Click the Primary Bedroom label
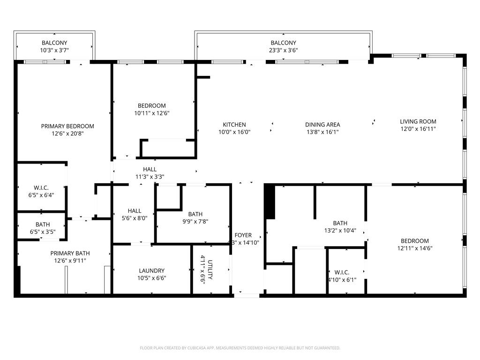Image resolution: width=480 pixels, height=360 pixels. (x=67, y=126)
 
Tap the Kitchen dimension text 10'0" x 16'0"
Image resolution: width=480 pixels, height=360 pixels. (x=234, y=132)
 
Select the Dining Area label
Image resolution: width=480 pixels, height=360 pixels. (x=322, y=125)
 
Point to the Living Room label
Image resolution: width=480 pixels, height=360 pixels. (x=418, y=121)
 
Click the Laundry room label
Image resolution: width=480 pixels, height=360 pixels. (x=152, y=270)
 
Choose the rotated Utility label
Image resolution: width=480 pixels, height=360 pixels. (x=210, y=270)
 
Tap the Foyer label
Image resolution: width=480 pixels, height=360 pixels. (x=243, y=235)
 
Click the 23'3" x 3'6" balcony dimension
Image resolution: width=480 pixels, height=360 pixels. (x=283, y=50)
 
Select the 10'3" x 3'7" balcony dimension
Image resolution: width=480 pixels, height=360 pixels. (x=54, y=50)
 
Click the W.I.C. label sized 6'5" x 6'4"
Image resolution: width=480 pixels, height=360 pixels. (x=41, y=187)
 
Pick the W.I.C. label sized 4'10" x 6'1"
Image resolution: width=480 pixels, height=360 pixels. (x=342, y=272)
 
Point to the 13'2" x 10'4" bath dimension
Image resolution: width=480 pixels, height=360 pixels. (x=340, y=231)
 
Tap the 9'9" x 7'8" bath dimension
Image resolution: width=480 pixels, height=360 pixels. (x=195, y=222)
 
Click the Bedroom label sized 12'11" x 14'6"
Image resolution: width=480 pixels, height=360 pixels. (x=415, y=241)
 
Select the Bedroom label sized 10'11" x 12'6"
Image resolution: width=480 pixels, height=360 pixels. (x=152, y=105)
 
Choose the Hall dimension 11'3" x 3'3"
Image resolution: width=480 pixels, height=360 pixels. (x=150, y=177)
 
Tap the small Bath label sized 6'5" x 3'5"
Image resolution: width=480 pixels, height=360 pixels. (x=43, y=225)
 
